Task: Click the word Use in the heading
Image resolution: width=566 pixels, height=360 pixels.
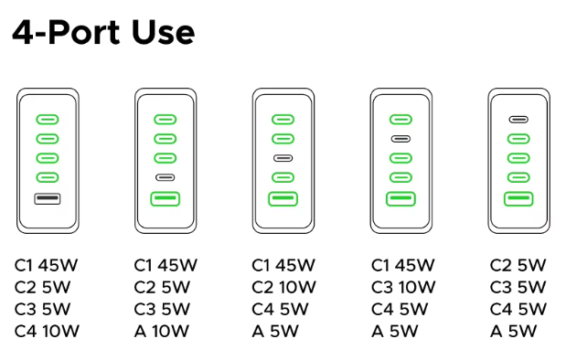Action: (x=163, y=33)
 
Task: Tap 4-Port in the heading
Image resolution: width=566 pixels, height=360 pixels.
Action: (x=66, y=33)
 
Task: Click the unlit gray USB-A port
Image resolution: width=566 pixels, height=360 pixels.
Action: (x=48, y=199)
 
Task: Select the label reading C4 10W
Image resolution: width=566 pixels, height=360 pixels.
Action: (x=47, y=331)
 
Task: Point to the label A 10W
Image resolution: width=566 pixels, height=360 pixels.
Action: (x=162, y=331)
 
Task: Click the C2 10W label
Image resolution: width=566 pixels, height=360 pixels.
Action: (x=283, y=287)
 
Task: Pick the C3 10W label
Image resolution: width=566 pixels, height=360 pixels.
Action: (x=403, y=287)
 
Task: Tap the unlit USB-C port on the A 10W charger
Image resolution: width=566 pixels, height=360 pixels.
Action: (x=165, y=177)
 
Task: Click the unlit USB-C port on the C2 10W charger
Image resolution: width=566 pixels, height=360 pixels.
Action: (x=283, y=158)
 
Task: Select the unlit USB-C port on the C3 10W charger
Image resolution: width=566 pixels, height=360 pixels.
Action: (x=400, y=139)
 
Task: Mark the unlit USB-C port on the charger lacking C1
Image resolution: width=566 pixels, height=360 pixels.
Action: (x=518, y=120)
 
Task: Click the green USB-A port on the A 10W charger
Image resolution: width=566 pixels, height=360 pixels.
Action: (x=165, y=199)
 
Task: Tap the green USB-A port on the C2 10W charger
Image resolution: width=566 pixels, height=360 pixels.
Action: (x=283, y=199)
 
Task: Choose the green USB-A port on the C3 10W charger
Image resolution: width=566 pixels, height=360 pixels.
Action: (x=400, y=199)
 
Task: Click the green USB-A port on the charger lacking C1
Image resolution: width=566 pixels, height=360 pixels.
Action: (x=518, y=199)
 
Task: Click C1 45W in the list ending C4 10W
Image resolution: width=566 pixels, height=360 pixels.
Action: (x=47, y=265)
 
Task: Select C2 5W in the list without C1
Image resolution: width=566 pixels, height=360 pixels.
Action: (x=518, y=265)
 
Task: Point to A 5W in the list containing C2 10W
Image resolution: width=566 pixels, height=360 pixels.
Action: (x=275, y=331)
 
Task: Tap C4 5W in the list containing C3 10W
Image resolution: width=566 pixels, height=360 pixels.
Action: (x=400, y=309)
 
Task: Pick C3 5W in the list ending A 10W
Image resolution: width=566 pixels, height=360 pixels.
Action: (x=162, y=309)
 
